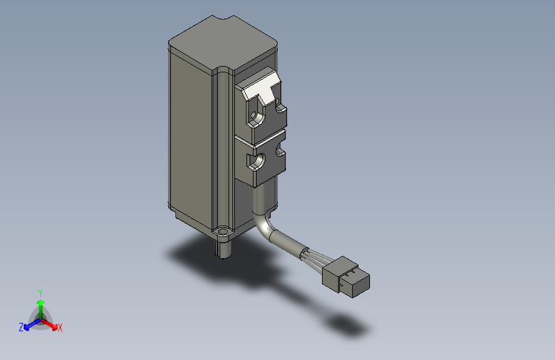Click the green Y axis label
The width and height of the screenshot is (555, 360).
40,292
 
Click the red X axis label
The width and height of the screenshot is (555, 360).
60,327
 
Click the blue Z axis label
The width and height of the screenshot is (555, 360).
21,327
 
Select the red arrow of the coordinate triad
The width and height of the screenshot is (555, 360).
51,323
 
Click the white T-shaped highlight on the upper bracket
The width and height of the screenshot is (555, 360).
262,87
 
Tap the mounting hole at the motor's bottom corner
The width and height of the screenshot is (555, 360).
223,229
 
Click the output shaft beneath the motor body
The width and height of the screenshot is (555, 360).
223,249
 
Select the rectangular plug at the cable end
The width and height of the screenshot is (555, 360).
346,276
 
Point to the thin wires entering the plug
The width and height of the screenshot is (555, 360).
312,256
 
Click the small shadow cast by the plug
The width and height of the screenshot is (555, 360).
350,324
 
